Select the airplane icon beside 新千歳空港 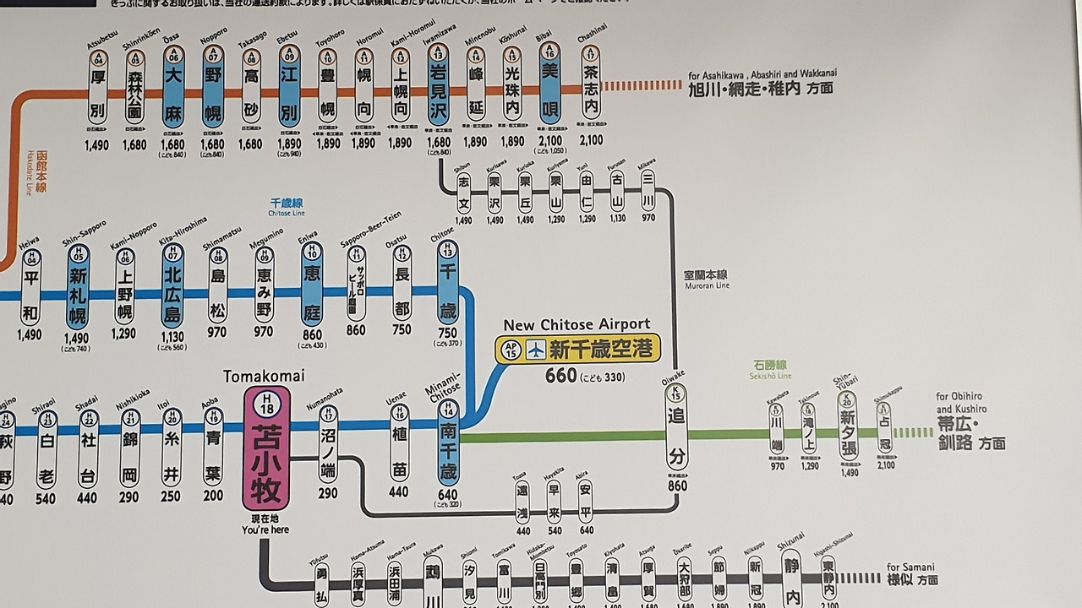coord(535,350)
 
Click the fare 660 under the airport coord(561,376)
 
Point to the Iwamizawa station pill coord(438,84)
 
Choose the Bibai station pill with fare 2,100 coord(549,84)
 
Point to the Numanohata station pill coord(328,444)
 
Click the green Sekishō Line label coord(771,370)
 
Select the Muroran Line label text coord(706,280)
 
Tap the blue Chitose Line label coord(286,208)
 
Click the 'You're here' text coord(265,529)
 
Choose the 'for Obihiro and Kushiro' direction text coord(961,403)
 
